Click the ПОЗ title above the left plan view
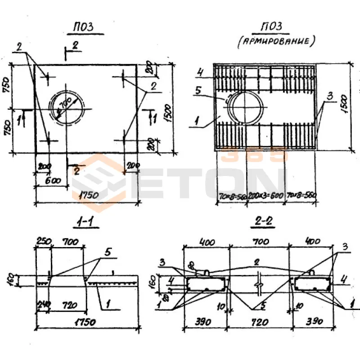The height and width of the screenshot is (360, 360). [84, 28]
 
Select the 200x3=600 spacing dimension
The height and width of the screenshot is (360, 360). [266, 197]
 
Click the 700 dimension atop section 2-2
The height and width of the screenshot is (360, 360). [259, 242]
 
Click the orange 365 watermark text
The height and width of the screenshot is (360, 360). [255, 154]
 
